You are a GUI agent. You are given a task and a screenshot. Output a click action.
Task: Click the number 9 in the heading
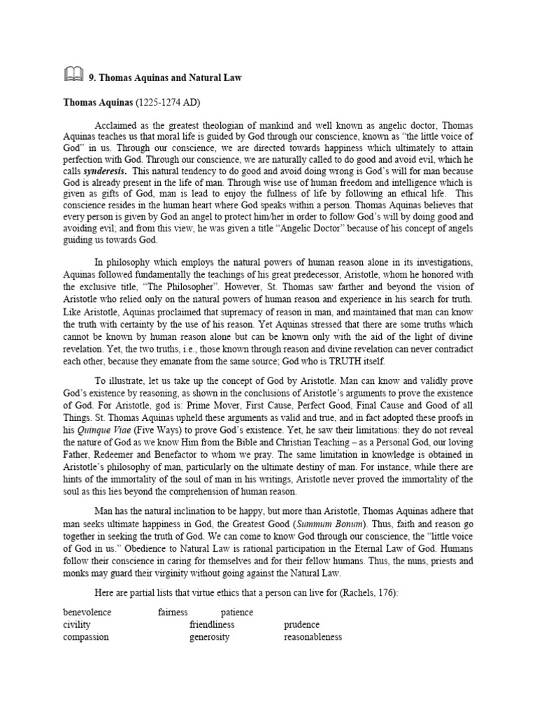point(91,78)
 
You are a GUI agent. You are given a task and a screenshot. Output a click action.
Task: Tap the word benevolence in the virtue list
point(87,613)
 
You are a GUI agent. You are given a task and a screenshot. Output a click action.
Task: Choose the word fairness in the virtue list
point(173,613)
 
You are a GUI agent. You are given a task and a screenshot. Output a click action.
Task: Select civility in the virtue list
point(77,625)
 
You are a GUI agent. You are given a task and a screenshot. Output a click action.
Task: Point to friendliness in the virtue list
point(212,625)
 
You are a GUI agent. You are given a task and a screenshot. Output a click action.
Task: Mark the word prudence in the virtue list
point(302,625)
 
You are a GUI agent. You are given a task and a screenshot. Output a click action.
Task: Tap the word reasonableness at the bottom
point(313,638)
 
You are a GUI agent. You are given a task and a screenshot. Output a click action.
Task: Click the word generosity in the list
point(209,638)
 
